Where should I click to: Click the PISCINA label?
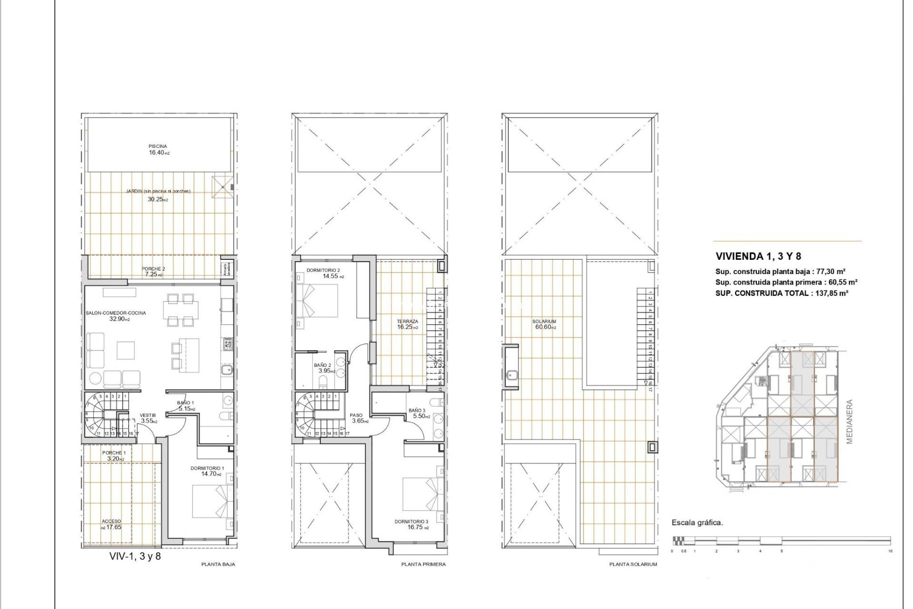coord(158,147)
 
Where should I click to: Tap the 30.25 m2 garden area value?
coord(158,200)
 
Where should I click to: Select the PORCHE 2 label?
coord(153,269)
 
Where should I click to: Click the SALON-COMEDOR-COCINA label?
coord(116,313)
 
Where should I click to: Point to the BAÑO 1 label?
coord(185,403)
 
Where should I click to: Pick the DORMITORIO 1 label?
coord(207,468)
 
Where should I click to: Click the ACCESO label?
coord(111,521)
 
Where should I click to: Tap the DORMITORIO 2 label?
coord(323,270)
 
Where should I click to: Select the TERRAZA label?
coord(407,322)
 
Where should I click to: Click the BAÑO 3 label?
coord(417,411)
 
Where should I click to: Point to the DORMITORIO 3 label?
coord(411,521)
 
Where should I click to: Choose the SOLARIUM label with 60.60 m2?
coord(544,322)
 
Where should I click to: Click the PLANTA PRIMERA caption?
coord(423,564)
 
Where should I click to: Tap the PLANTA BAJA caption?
coord(218,564)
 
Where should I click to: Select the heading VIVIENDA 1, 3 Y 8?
coord(758,256)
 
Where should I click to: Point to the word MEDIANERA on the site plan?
coord(850,422)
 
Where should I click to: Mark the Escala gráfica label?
coord(697,522)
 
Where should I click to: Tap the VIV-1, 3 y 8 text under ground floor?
coord(135,556)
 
